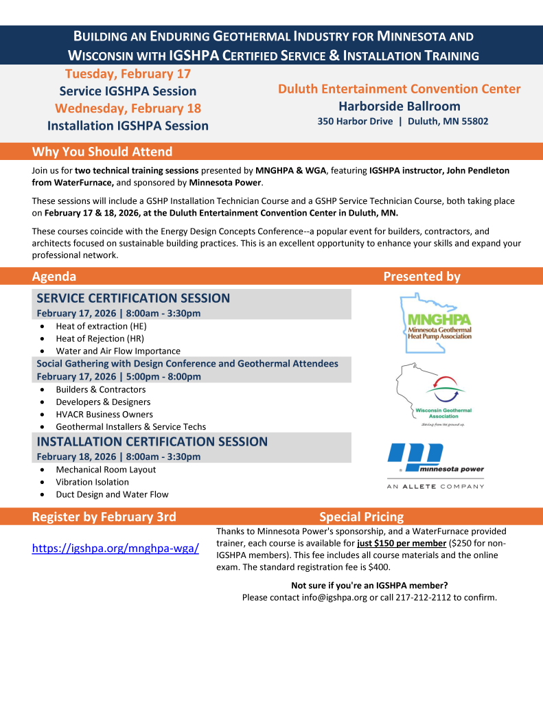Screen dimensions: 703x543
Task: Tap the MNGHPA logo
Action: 436,317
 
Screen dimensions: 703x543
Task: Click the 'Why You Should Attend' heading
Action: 102,152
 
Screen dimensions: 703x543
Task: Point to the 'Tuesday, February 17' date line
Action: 128,73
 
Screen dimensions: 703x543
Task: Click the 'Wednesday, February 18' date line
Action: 128,108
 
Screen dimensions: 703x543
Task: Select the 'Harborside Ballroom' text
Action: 399,106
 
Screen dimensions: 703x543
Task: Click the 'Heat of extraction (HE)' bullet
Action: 101,326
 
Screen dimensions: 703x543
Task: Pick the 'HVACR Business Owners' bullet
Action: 104,414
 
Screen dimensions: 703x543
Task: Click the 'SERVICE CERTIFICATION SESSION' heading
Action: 133,298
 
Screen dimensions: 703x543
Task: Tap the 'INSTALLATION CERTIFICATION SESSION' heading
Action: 152,441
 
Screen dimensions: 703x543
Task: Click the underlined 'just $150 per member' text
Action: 401,543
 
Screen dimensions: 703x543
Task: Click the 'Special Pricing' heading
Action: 361,517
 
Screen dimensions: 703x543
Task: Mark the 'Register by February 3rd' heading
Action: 104,517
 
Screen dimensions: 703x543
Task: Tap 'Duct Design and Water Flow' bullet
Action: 112,494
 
